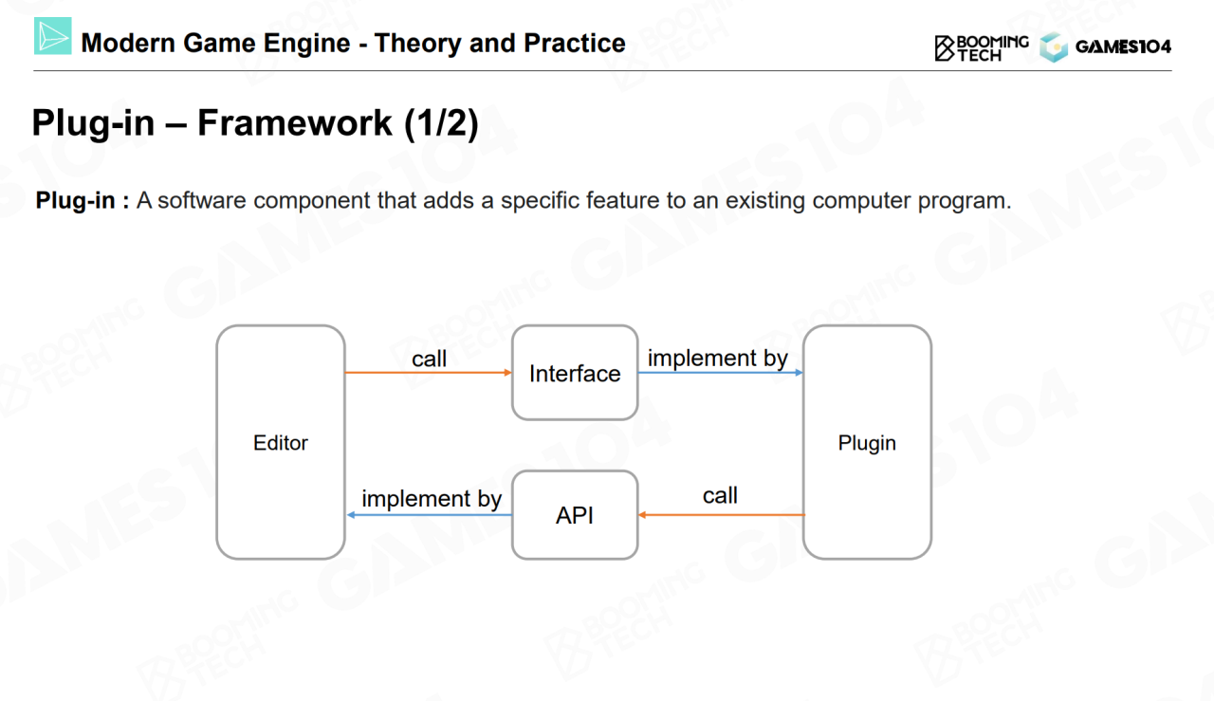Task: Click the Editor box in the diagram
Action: pyautogui.click(x=281, y=442)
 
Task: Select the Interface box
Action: pyautogui.click(x=575, y=373)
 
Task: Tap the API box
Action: pyautogui.click(x=575, y=515)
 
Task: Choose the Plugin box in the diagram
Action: pyautogui.click(x=867, y=442)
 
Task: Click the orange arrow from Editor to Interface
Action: pyautogui.click(x=428, y=373)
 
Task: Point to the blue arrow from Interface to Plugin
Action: pyautogui.click(x=720, y=373)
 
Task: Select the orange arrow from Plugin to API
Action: pyautogui.click(x=721, y=515)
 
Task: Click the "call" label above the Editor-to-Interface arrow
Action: pyautogui.click(x=429, y=359)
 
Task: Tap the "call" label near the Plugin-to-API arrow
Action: pyautogui.click(x=720, y=496)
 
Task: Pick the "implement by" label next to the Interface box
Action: pyautogui.click(x=718, y=359)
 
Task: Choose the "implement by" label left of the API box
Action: pyautogui.click(x=432, y=499)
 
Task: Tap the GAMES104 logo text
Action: pyautogui.click(x=1123, y=46)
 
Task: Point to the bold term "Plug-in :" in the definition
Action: pyautogui.click(x=82, y=201)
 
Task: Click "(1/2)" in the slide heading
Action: pyautogui.click(x=441, y=124)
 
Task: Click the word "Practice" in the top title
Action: pyautogui.click(x=575, y=44)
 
